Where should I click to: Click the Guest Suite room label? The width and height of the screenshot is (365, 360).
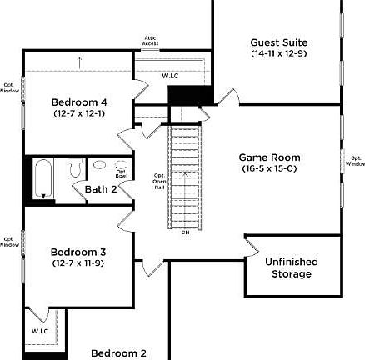point(278,42)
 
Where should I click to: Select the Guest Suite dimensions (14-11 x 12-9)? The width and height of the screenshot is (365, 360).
point(278,53)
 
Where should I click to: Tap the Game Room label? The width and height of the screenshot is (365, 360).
point(269,157)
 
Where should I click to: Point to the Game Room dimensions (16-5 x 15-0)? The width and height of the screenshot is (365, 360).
point(269,168)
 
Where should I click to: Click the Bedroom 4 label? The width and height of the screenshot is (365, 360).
point(78,102)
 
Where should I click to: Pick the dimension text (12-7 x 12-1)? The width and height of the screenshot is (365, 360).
point(78,113)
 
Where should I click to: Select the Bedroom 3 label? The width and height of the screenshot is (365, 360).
point(78,252)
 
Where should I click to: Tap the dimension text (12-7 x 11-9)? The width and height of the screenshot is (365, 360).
point(78,262)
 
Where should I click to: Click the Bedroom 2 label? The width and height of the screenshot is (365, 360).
point(118,352)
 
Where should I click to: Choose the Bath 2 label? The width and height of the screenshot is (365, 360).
point(101,189)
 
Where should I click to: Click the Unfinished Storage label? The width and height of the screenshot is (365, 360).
point(292,267)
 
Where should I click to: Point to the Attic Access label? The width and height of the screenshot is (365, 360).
point(151,41)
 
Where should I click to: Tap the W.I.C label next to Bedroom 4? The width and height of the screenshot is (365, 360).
point(170,76)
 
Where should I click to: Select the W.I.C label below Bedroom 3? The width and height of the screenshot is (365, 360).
point(41,331)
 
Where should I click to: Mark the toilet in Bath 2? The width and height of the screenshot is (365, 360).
point(73,169)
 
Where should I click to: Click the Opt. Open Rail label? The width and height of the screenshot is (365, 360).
point(158,182)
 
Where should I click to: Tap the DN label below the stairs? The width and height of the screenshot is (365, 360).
point(185,232)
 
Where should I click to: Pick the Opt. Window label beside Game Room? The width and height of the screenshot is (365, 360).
point(355,161)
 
